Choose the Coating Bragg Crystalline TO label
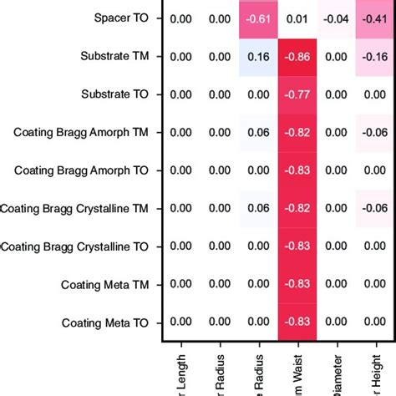coord(75,246)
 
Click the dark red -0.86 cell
coord(298,57)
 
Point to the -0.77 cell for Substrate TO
coord(298,94)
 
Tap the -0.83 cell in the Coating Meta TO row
coord(298,322)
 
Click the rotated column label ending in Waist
coord(298,374)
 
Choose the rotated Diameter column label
coord(338,374)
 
